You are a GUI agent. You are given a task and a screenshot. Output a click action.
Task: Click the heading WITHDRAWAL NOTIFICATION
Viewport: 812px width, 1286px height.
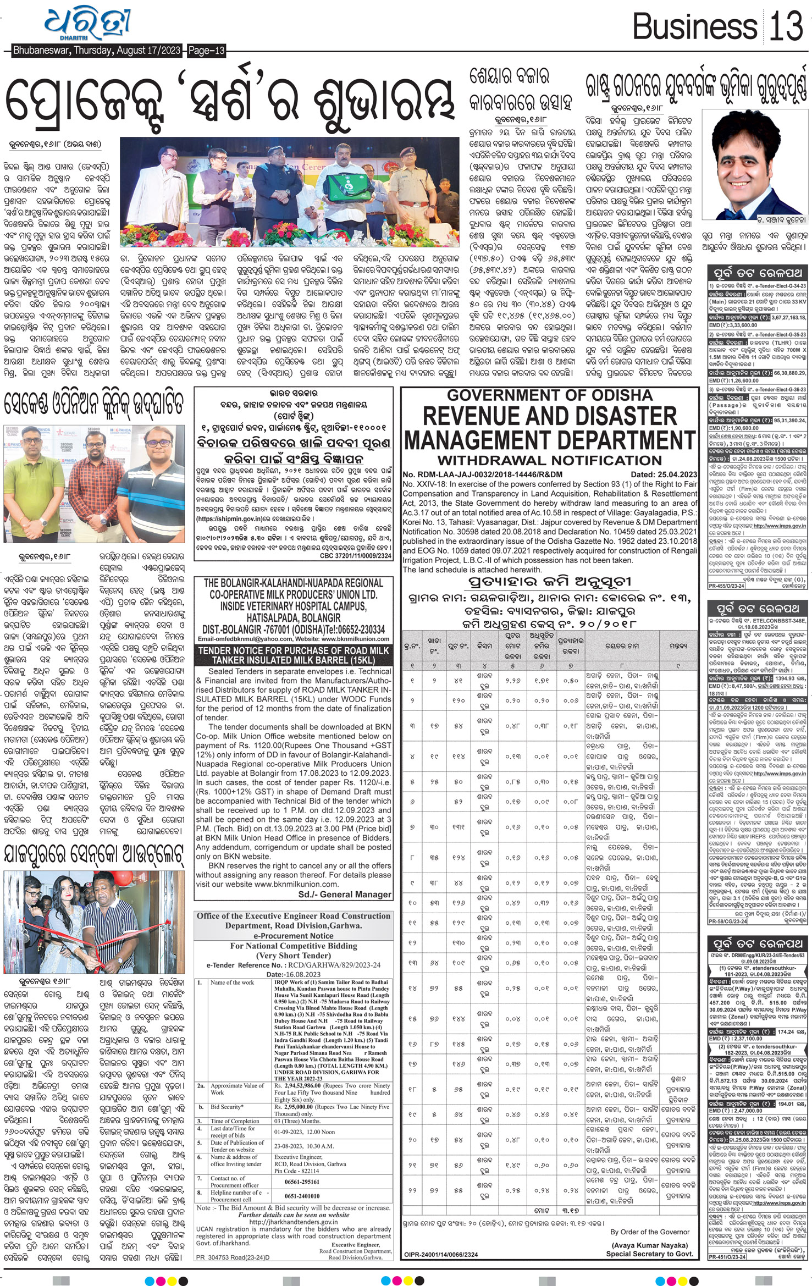point(549,460)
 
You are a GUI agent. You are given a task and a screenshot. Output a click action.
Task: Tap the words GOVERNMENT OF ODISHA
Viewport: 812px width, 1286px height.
point(550,395)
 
